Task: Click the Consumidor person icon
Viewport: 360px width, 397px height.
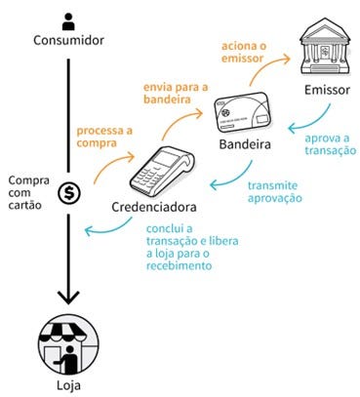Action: coord(68,21)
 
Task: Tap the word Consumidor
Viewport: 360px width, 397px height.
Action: coord(68,40)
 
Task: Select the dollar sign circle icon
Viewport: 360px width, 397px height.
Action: coord(68,193)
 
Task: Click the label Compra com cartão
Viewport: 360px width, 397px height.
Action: coord(28,192)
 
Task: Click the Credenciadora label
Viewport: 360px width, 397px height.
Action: coord(154,207)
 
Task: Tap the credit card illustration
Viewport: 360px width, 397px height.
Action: coord(243,112)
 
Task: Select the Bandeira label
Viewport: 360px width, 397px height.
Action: coord(245,144)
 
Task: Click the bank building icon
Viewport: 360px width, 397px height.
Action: coord(325,47)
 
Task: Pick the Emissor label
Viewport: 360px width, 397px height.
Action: coord(327,90)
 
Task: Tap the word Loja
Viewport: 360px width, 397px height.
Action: coord(68,385)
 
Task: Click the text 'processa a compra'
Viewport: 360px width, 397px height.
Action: coord(104,137)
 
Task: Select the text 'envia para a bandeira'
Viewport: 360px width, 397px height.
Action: coord(176,93)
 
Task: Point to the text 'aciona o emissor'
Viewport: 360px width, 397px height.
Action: coord(244,52)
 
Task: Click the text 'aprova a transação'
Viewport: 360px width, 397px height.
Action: coord(330,144)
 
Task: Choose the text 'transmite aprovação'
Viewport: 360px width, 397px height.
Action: coord(275,192)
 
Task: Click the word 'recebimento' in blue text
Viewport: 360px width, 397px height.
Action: coord(179,265)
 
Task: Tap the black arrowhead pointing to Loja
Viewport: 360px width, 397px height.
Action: coord(68,297)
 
